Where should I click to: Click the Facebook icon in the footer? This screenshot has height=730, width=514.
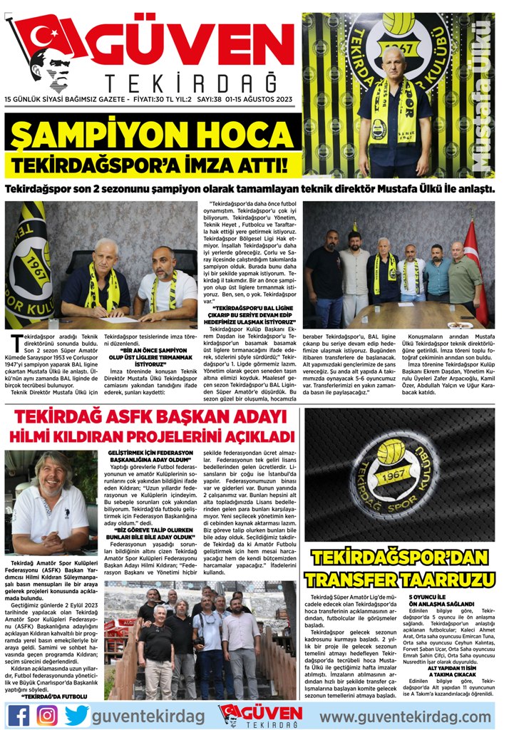(19, 714)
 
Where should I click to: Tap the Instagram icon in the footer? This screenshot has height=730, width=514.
(47, 714)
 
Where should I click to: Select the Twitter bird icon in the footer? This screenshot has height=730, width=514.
(76, 714)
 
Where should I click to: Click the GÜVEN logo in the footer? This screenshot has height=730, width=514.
(260, 714)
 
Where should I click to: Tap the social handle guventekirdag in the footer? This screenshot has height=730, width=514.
(148, 715)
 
